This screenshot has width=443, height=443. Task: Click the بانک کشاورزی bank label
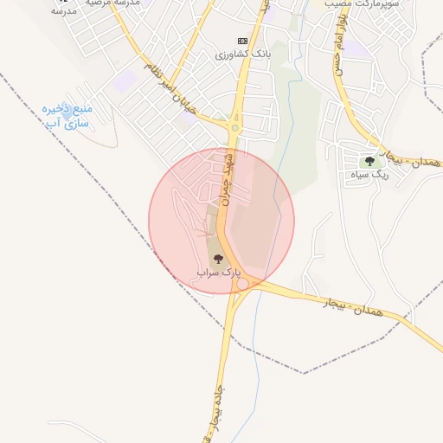coord(245,54)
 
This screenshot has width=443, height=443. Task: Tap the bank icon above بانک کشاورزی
coord(242,41)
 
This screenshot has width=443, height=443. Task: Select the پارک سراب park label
coord(216,272)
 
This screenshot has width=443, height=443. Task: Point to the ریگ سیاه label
coord(370,175)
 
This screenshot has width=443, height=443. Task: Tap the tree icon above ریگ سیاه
coord(370,161)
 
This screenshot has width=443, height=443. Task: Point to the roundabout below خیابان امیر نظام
coord(234,129)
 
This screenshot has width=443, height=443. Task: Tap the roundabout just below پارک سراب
coord(244,285)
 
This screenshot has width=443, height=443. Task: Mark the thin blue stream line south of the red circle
coord(256,363)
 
